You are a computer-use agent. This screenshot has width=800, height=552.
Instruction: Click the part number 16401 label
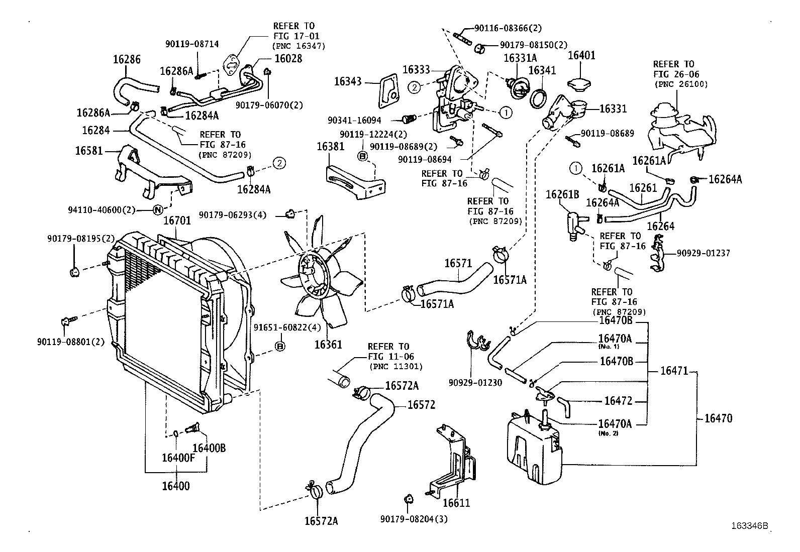pyautogui.click(x=581, y=55)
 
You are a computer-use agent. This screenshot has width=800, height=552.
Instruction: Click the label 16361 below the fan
pyautogui.click(x=328, y=345)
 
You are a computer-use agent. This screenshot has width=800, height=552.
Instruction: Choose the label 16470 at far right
pyautogui.click(x=718, y=418)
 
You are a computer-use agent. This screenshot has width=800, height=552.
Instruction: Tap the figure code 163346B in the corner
pyautogui.click(x=750, y=526)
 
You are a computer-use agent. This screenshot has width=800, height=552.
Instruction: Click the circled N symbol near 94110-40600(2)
pyautogui.click(x=157, y=210)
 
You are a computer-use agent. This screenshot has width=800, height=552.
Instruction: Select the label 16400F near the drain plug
pyautogui.click(x=178, y=458)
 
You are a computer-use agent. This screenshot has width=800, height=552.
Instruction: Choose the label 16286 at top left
pyautogui.click(x=127, y=59)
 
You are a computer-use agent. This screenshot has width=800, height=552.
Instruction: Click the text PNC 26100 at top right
pyautogui.click(x=681, y=84)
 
